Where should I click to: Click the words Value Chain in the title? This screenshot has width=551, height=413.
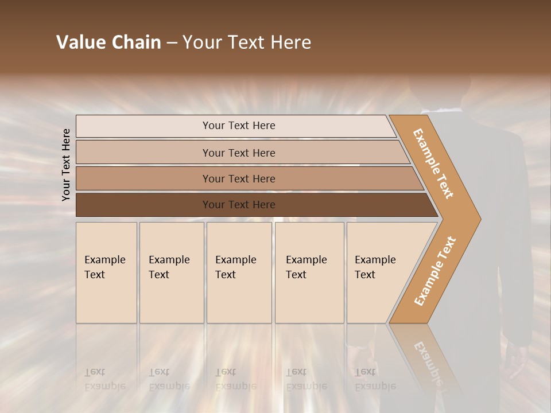(108, 42)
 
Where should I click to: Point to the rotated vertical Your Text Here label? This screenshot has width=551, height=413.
(67, 165)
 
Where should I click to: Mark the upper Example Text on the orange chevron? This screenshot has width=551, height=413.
(433, 163)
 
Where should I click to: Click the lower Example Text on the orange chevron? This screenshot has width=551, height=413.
(434, 271)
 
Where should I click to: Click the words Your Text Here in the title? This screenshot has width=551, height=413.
(247, 42)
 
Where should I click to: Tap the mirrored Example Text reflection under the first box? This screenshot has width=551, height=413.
(105, 379)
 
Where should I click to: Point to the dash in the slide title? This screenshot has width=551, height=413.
(172, 42)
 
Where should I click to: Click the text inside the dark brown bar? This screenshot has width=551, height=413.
(239, 205)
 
